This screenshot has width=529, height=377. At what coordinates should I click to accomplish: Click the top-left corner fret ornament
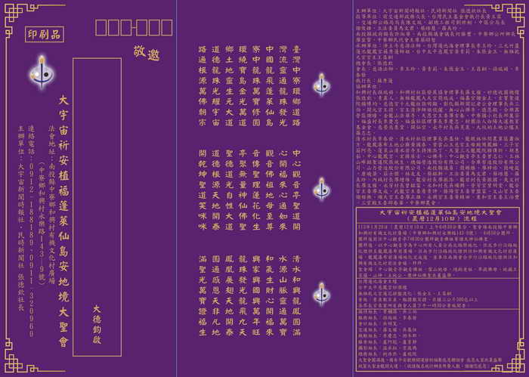(x=11, y=9)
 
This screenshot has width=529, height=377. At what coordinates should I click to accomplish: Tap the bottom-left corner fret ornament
(x=11, y=368)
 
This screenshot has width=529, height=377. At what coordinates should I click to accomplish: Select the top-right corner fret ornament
(x=518, y=9)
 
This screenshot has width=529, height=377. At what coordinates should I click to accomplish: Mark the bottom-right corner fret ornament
(x=518, y=368)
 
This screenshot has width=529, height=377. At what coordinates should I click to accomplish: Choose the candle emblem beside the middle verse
(x=321, y=187)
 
